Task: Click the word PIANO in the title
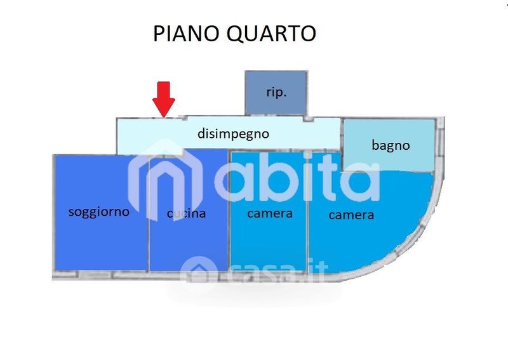[184, 33]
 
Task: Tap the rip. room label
[276, 91]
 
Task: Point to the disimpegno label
[234, 134]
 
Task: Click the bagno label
[391, 145]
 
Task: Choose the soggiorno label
[98, 211]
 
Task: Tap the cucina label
[187, 213]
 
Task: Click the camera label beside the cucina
[269, 213]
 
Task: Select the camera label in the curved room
[351, 215]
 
